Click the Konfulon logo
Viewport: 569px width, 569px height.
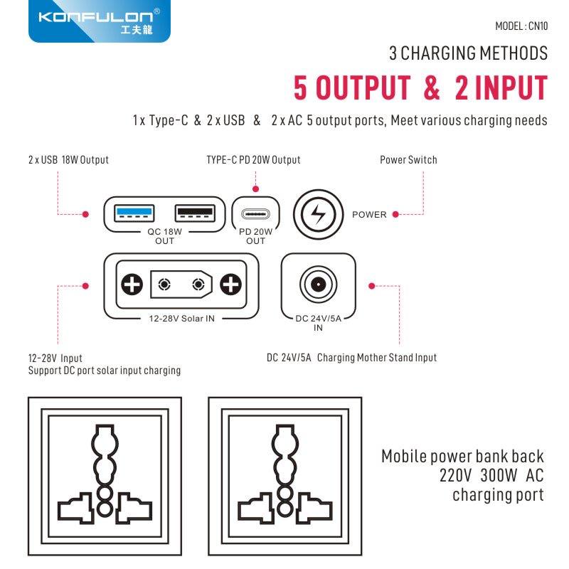tap(99, 21)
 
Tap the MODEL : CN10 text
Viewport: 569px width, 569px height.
tap(521, 26)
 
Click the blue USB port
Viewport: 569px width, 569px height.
tap(134, 213)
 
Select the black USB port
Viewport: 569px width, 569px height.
tap(195, 213)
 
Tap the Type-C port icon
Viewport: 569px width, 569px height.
tap(256, 214)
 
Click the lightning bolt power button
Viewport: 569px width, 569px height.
tap(318, 214)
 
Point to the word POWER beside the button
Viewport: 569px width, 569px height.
tap(369, 215)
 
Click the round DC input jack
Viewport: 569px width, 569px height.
tap(318, 284)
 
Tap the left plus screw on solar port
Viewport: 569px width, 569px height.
tap(132, 284)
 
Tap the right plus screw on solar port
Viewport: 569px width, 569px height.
tap(230, 284)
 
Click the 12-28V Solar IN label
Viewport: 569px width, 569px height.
tap(181, 319)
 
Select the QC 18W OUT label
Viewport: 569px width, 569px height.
tap(164, 236)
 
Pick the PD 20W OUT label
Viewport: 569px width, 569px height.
tap(255, 236)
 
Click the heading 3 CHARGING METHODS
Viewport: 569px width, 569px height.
tap(468, 53)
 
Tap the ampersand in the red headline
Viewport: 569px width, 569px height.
tap(432, 87)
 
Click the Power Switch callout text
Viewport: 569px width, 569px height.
tap(408, 159)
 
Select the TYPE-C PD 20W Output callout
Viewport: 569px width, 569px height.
tap(253, 159)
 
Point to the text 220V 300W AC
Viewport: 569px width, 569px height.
tap(491, 475)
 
